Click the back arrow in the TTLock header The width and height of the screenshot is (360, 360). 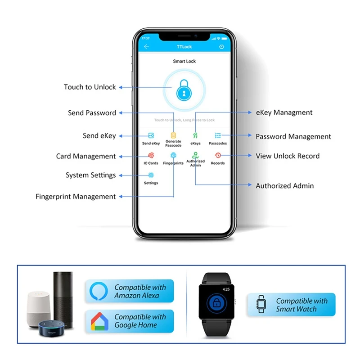click(x=146, y=47)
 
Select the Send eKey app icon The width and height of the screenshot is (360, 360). click(x=151, y=135)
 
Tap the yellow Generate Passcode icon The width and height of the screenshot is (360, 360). click(x=173, y=135)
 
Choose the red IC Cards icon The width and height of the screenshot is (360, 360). click(x=151, y=155)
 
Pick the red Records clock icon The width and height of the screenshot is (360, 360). click(x=218, y=155)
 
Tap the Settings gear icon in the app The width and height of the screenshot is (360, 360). click(x=151, y=175)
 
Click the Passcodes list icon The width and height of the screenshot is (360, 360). click(x=218, y=135)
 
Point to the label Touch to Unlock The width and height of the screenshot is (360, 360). click(x=90, y=87)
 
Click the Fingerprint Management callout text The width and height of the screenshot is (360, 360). click(x=76, y=197)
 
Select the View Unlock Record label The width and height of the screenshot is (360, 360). click(x=288, y=156)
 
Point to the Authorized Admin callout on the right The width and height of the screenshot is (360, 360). click(x=285, y=186)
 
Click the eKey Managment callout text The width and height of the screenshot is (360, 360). click(x=284, y=112)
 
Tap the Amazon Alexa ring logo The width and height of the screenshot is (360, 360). click(x=99, y=291)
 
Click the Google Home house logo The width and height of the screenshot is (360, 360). click(x=99, y=321)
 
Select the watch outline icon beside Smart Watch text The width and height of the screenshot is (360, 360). click(x=261, y=304)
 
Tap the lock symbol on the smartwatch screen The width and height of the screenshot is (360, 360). click(x=216, y=303)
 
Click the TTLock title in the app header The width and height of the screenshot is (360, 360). click(x=184, y=47)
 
